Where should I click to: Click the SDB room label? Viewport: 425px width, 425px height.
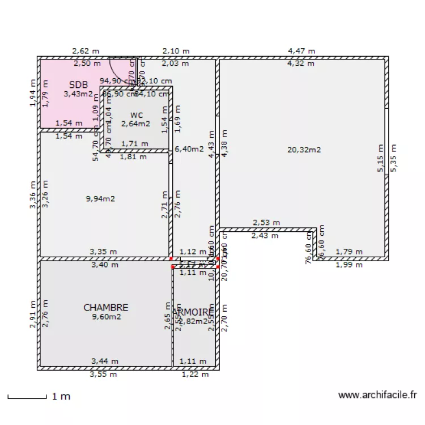pyautogui.click(x=78, y=84)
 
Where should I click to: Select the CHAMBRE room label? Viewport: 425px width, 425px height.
pyautogui.click(x=106, y=308)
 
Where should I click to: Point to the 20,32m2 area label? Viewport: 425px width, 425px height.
pyautogui.click(x=304, y=150)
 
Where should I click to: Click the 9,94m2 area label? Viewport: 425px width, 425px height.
pyautogui.click(x=101, y=199)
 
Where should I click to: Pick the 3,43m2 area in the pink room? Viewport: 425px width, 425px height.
pyautogui.click(x=77, y=93)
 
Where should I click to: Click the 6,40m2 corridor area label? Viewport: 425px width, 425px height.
pyautogui.click(x=189, y=150)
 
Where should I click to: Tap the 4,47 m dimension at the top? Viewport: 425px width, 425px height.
pyautogui.click(x=301, y=51)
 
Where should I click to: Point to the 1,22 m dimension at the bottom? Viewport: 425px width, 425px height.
pyautogui.click(x=195, y=374)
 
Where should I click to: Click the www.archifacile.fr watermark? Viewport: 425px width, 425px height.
pyautogui.click(x=377, y=395)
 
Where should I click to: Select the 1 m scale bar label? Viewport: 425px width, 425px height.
pyautogui.click(x=61, y=397)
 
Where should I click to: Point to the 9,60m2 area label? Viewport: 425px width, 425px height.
pyautogui.click(x=107, y=317)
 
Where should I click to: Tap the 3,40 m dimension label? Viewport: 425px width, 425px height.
pyautogui.click(x=104, y=265)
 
